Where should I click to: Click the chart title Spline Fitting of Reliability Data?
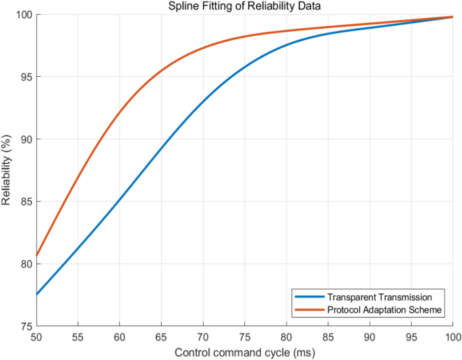click(x=244, y=7)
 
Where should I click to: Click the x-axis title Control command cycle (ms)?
click(x=244, y=352)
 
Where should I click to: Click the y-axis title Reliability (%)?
click(x=7, y=170)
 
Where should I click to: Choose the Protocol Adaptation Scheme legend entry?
click(x=384, y=309)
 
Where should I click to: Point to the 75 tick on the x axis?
click(x=244, y=336)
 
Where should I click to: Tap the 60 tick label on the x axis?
click(x=119, y=336)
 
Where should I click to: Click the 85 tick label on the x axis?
click(x=328, y=336)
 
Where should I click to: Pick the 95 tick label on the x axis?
click(x=411, y=336)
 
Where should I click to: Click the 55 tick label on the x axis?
click(x=78, y=336)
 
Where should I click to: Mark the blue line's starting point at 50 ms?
click(x=36, y=294)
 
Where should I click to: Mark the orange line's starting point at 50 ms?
click(x=36, y=256)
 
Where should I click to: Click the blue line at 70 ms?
click(x=203, y=101)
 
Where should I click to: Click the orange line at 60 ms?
click(x=119, y=112)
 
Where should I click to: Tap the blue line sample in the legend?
click(x=308, y=297)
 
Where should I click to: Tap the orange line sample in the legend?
click(x=308, y=309)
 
